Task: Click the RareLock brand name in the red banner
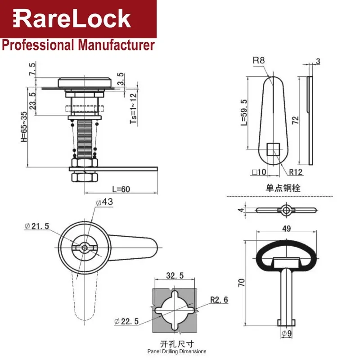click(72, 18)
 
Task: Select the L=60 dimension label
click(121, 189)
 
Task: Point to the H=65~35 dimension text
click(24, 127)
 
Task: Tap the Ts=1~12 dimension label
click(133, 108)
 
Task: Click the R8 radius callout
click(259, 60)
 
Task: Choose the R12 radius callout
click(296, 172)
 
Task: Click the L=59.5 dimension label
click(244, 112)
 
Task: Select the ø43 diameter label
click(105, 202)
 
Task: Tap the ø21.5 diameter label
click(37, 226)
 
